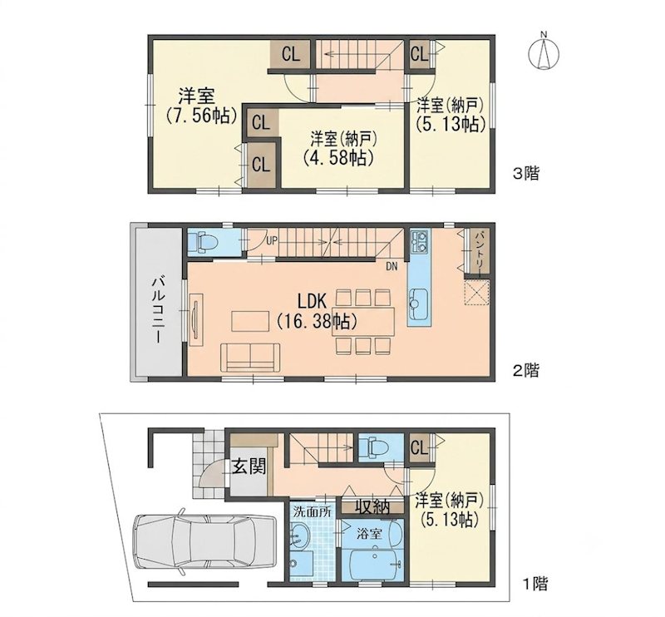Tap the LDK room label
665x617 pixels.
[312, 301]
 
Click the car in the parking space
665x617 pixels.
[204, 539]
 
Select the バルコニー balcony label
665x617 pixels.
[159, 310]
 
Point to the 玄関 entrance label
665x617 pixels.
[249, 466]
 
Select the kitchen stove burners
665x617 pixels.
[420, 240]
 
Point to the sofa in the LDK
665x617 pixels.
[250, 358]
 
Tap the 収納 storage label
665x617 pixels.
[372, 506]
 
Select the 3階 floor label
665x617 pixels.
[526, 174]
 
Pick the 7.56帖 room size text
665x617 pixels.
[201, 115]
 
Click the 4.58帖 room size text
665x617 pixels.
[338, 158]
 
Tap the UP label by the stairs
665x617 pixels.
[272, 241]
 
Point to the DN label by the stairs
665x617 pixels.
[392, 266]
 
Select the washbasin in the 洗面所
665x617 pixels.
[301, 536]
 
